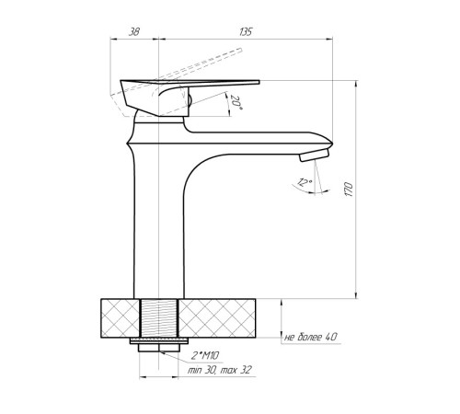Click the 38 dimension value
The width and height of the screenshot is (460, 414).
[133, 32]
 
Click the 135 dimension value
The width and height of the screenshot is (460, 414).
[246, 32]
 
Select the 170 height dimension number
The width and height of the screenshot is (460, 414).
[349, 190]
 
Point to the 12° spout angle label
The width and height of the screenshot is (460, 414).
[305, 182]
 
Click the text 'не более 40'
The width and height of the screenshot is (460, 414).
[311, 337]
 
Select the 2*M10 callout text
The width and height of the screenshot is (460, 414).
[205, 356]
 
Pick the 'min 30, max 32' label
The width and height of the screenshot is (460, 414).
[220, 370]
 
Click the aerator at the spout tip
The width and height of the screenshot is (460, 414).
[314, 155]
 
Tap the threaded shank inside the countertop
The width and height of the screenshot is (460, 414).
[159, 318]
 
